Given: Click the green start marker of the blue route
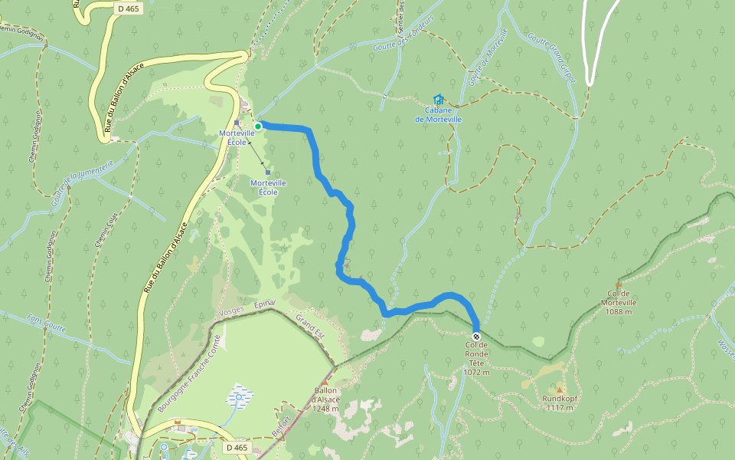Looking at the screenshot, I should click(x=259, y=126).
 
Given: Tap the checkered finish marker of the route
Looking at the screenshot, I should click(x=476, y=337).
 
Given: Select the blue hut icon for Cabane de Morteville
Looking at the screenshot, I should click(x=438, y=100).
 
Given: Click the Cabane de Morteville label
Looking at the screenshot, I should click(x=438, y=114).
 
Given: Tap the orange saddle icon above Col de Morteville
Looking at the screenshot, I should click(x=618, y=285).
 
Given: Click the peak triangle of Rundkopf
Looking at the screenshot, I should click(x=560, y=390).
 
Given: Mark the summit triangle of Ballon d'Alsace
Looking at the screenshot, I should click(x=325, y=381).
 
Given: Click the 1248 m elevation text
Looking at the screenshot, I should click(x=325, y=408).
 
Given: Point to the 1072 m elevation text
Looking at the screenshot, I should click(x=475, y=372).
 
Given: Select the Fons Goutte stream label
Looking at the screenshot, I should click(x=47, y=324).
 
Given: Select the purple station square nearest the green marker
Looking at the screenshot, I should click(x=237, y=123).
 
